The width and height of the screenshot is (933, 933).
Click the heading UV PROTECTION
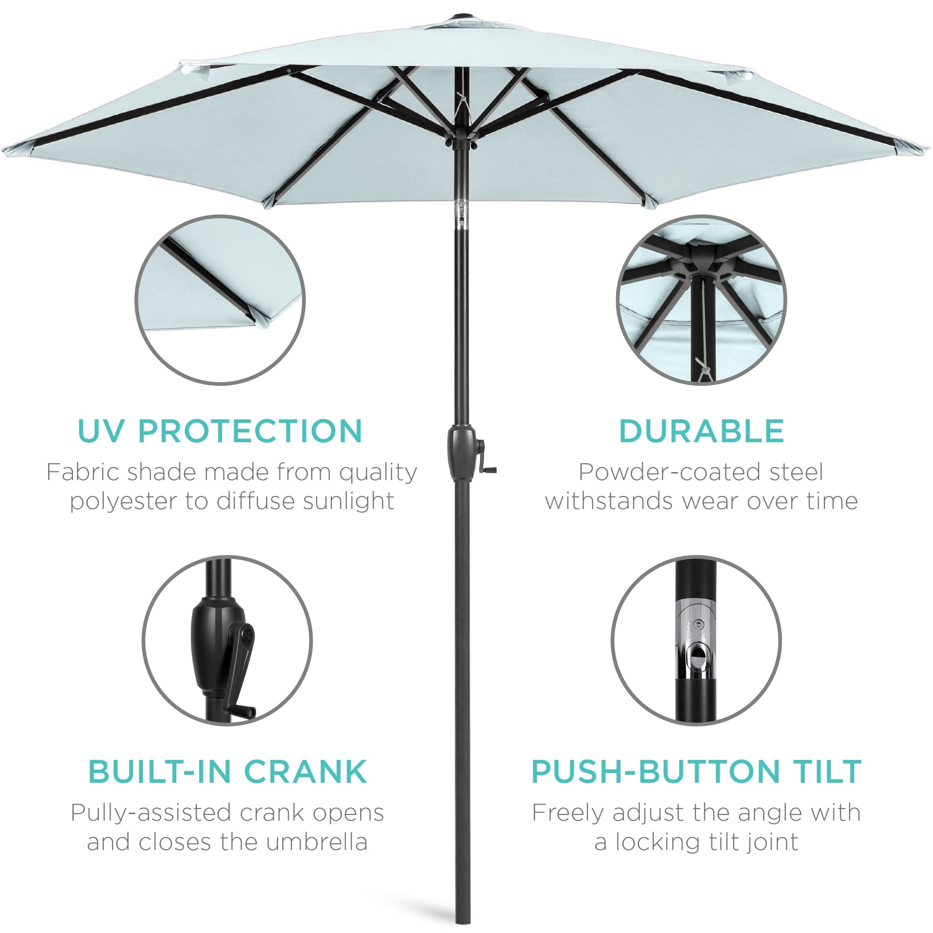[x=220, y=431]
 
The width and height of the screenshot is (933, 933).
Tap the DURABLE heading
[x=701, y=431]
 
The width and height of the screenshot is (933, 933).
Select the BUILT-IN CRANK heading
[x=228, y=772]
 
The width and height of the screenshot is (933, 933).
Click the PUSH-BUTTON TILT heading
[x=696, y=772]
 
